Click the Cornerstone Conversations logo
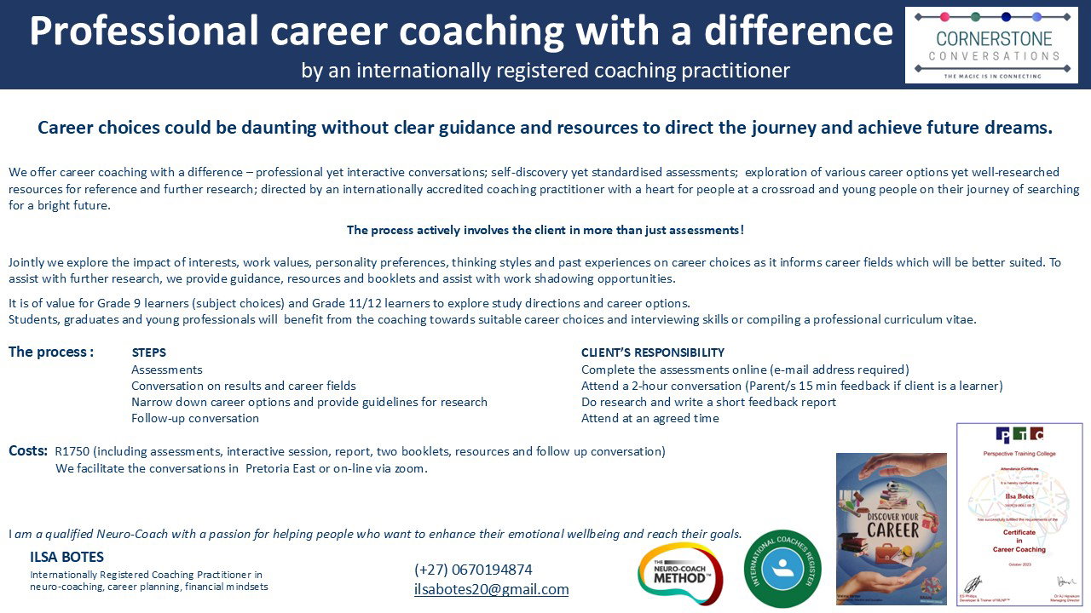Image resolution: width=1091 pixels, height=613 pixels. [991, 45]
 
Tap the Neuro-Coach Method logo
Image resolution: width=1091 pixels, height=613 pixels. [680, 573]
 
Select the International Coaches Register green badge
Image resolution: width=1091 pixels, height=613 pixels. [782, 568]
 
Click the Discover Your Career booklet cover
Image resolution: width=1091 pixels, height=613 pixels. [891, 528]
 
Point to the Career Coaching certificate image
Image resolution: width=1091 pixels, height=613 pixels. [1012, 514]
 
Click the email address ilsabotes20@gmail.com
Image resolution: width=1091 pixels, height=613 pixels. [491, 589]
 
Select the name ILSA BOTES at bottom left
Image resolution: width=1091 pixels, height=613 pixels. [66, 558]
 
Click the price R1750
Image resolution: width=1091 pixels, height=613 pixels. [72, 451]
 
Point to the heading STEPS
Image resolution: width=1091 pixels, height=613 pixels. [148, 352]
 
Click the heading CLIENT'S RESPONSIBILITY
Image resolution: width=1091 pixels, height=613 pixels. [652, 352]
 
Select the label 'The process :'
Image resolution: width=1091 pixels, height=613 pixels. [51, 352]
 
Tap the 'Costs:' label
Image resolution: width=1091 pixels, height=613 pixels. [28, 450]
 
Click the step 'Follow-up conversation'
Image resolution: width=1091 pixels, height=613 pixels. [195, 418]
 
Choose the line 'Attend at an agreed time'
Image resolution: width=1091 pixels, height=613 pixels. [649, 418]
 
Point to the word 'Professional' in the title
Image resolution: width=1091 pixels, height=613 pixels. [143, 32]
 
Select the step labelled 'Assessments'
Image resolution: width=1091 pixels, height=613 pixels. [167, 370]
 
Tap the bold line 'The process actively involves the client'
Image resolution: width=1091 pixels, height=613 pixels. [545, 230]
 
